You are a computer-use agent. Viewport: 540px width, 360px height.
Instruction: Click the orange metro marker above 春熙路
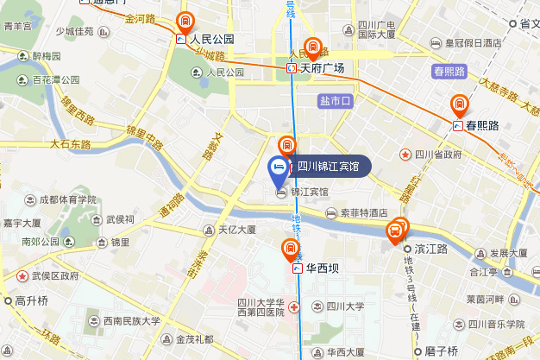click(461, 105)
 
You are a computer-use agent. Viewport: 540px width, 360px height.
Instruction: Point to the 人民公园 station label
click(212, 39)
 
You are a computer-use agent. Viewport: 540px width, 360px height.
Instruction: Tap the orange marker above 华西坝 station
click(291, 250)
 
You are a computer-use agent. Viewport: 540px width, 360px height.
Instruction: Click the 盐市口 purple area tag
click(336, 101)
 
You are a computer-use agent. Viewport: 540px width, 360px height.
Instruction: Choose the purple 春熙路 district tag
click(449, 71)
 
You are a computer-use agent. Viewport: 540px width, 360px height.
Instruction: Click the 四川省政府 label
click(438, 155)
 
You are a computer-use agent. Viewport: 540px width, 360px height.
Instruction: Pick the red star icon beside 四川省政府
click(405, 155)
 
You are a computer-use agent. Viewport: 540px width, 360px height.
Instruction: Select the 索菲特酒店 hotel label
click(362, 212)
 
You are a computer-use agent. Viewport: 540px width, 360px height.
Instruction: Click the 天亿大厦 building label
click(236, 230)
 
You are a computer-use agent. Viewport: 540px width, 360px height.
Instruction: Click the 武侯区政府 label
click(55, 276)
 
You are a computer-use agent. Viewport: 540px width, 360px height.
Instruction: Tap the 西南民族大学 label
click(132, 320)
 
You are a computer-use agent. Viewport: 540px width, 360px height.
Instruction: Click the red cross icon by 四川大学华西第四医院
click(295, 306)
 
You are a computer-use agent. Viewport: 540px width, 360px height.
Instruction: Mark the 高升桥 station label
click(31, 301)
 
